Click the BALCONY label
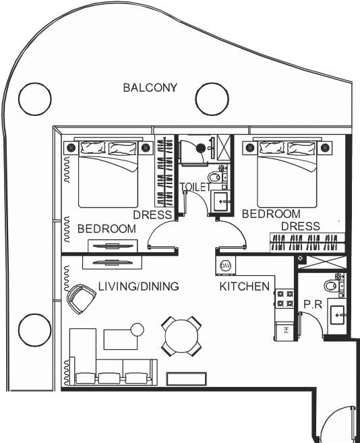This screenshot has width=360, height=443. coord(150,88)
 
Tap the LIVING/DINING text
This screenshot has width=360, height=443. coord(138,286)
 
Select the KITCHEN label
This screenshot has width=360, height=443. coord(245,287)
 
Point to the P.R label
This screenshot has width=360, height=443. coord(313,304)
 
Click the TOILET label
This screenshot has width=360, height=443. coord(196,187)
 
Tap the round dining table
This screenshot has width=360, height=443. coord(181,336)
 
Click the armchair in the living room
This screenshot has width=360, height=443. coord(81,299)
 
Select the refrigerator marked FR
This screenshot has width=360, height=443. coord(285,330)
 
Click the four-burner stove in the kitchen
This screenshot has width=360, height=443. coord(285,299)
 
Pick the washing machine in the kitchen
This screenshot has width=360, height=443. coord(225,266)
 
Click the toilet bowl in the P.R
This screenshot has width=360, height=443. coord(330,286)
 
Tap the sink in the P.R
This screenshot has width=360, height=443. coord(337,314)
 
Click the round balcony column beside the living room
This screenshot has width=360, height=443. coord(35,330)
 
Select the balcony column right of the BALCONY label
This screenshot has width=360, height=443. coord(212,99)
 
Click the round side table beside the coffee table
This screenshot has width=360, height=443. coord(138,330)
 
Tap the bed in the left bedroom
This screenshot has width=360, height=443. coord(109,174)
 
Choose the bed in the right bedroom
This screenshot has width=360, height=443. coord(287,174)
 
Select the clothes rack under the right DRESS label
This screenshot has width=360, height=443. coord(307,243)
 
